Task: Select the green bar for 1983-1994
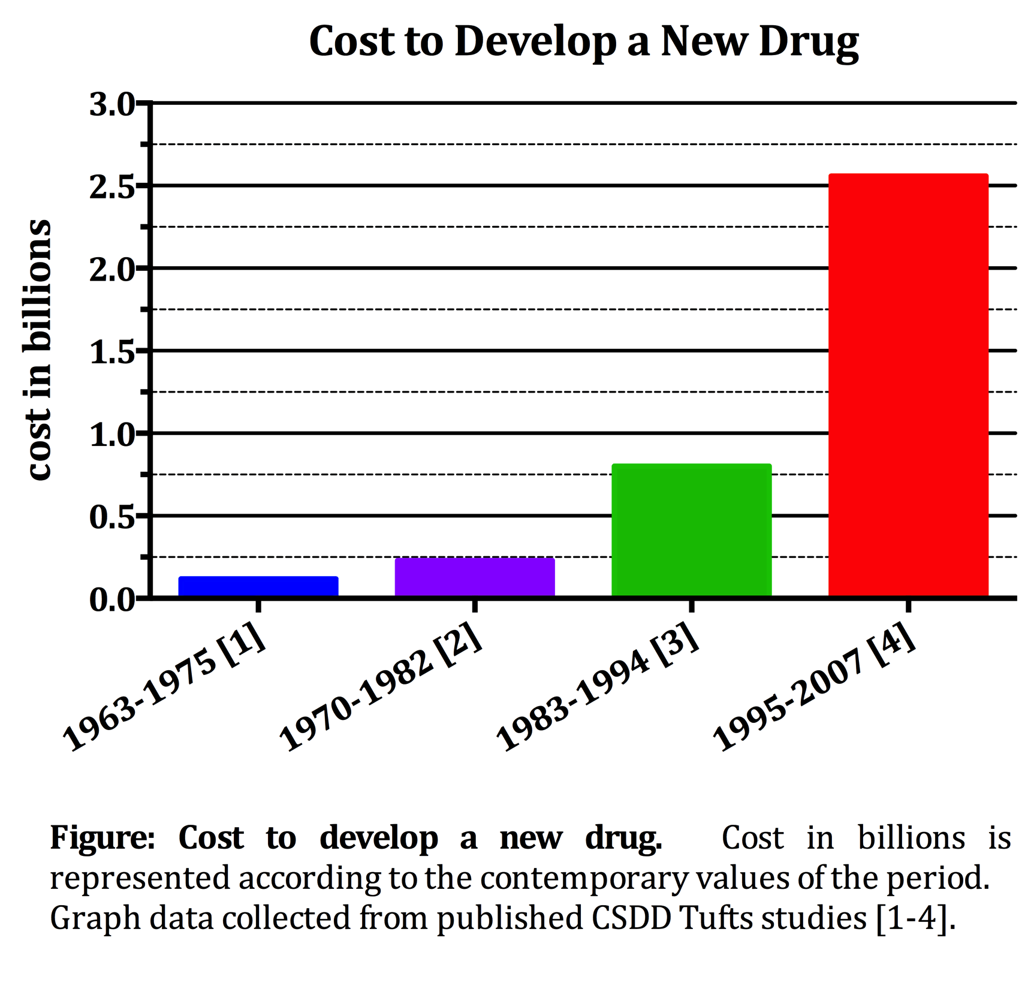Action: (691, 530)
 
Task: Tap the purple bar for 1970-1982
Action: (474, 577)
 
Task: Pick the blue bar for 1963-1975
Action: (258, 586)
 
